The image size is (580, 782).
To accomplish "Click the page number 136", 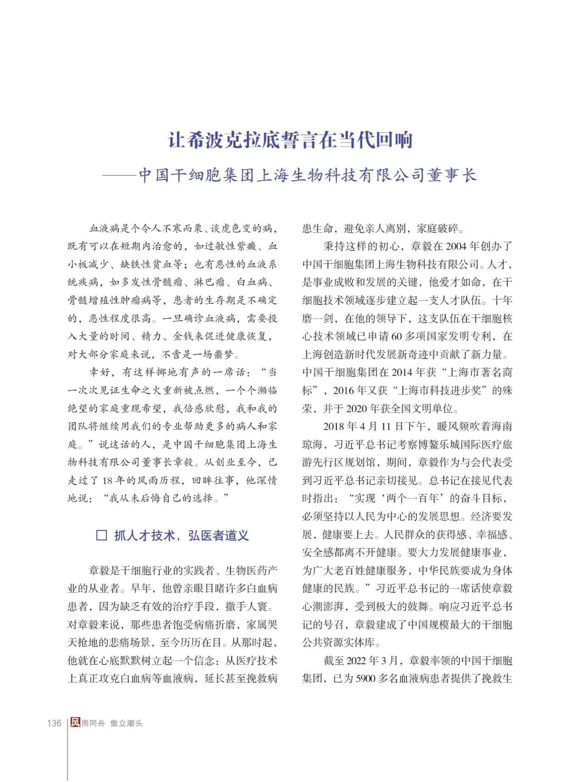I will click(x=54, y=723).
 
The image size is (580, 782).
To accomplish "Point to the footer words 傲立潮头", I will click(x=126, y=723).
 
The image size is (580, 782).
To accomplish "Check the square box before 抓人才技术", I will click(x=102, y=535).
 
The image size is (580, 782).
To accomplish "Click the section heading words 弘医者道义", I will click(x=219, y=535).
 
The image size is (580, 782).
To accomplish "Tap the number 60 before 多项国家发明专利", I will click(x=397, y=336).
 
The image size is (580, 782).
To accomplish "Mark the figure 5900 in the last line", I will click(x=365, y=678).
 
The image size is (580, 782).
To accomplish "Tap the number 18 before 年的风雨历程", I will click(x=107, y=480).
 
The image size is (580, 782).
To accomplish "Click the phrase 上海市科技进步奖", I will click(x=439, y=391).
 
